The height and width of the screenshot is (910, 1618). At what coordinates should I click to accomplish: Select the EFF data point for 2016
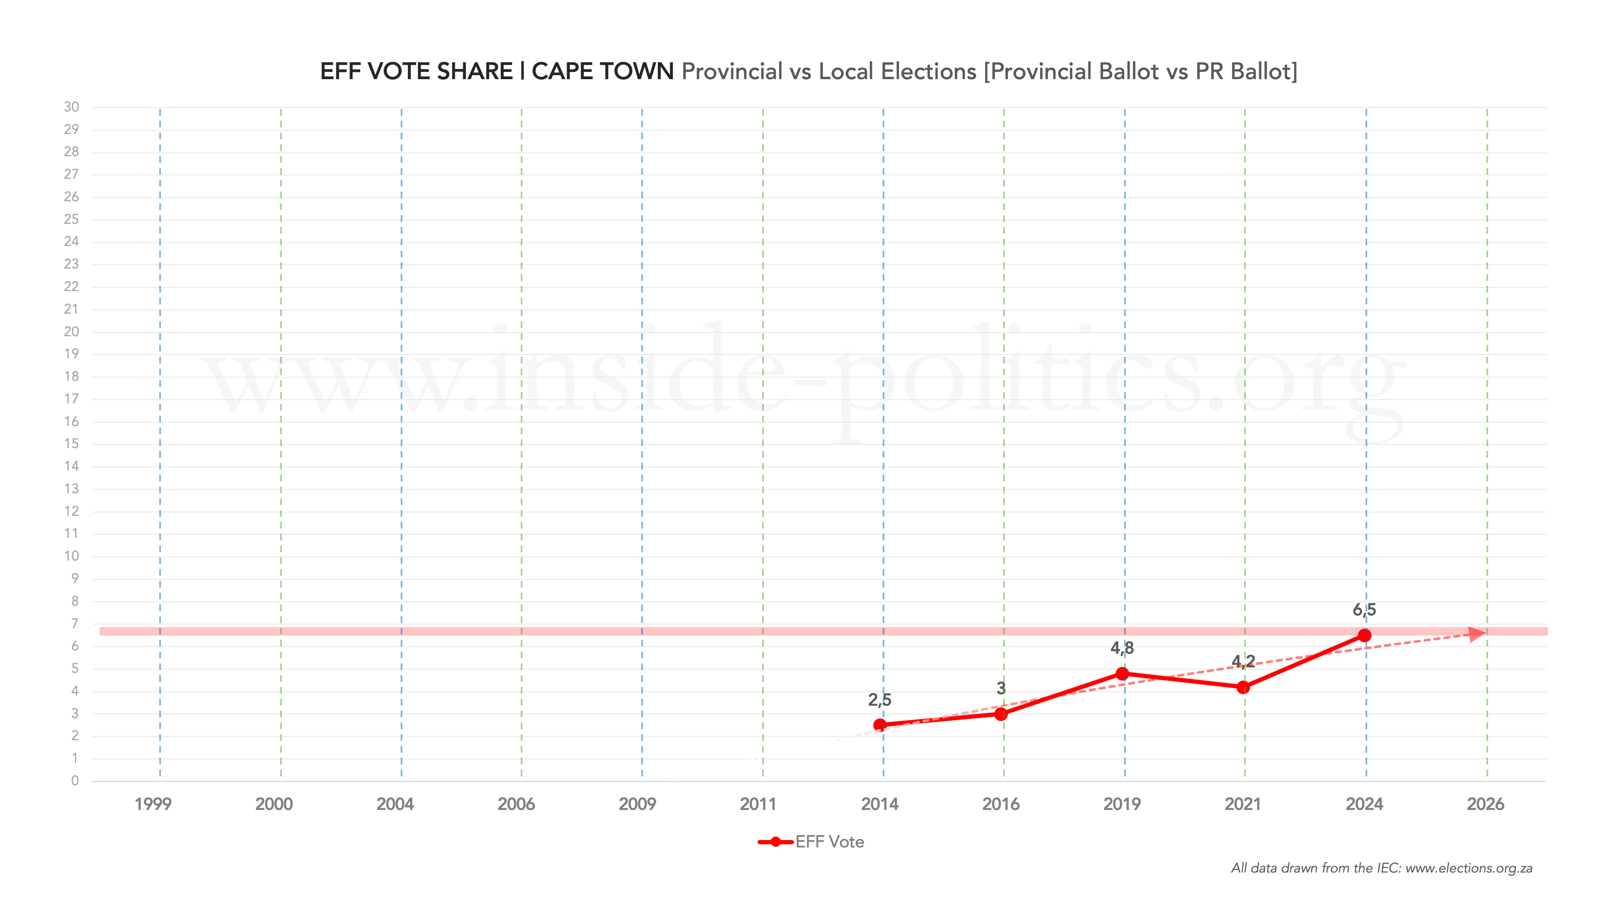pos(1001,714)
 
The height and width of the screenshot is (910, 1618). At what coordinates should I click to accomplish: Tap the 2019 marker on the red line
pos(1122,674)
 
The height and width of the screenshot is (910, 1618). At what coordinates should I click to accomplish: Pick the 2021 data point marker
pos(1243,688)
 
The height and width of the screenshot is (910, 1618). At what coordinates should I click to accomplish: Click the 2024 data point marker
pos(1364,635)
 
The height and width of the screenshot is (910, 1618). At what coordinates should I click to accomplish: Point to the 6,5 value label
pos(1364,610)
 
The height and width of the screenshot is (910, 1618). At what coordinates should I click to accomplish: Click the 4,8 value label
pos(1122,648)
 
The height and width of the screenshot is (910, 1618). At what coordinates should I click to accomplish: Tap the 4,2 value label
pos(1243,661)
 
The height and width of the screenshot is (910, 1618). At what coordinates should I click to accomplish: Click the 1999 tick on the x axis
pos(152,804)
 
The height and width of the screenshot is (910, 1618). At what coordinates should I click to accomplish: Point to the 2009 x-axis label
pos(637,804)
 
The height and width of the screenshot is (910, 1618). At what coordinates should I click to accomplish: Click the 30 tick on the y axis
pos(72,107)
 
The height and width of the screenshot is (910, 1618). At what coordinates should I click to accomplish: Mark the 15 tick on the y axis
pos(72,444)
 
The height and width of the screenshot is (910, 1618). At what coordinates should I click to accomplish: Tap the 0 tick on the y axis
pos(75,781)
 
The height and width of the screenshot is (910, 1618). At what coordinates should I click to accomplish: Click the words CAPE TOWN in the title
pos(602,72)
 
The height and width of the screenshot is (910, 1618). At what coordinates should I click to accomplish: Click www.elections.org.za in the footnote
pos(1469,869)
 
